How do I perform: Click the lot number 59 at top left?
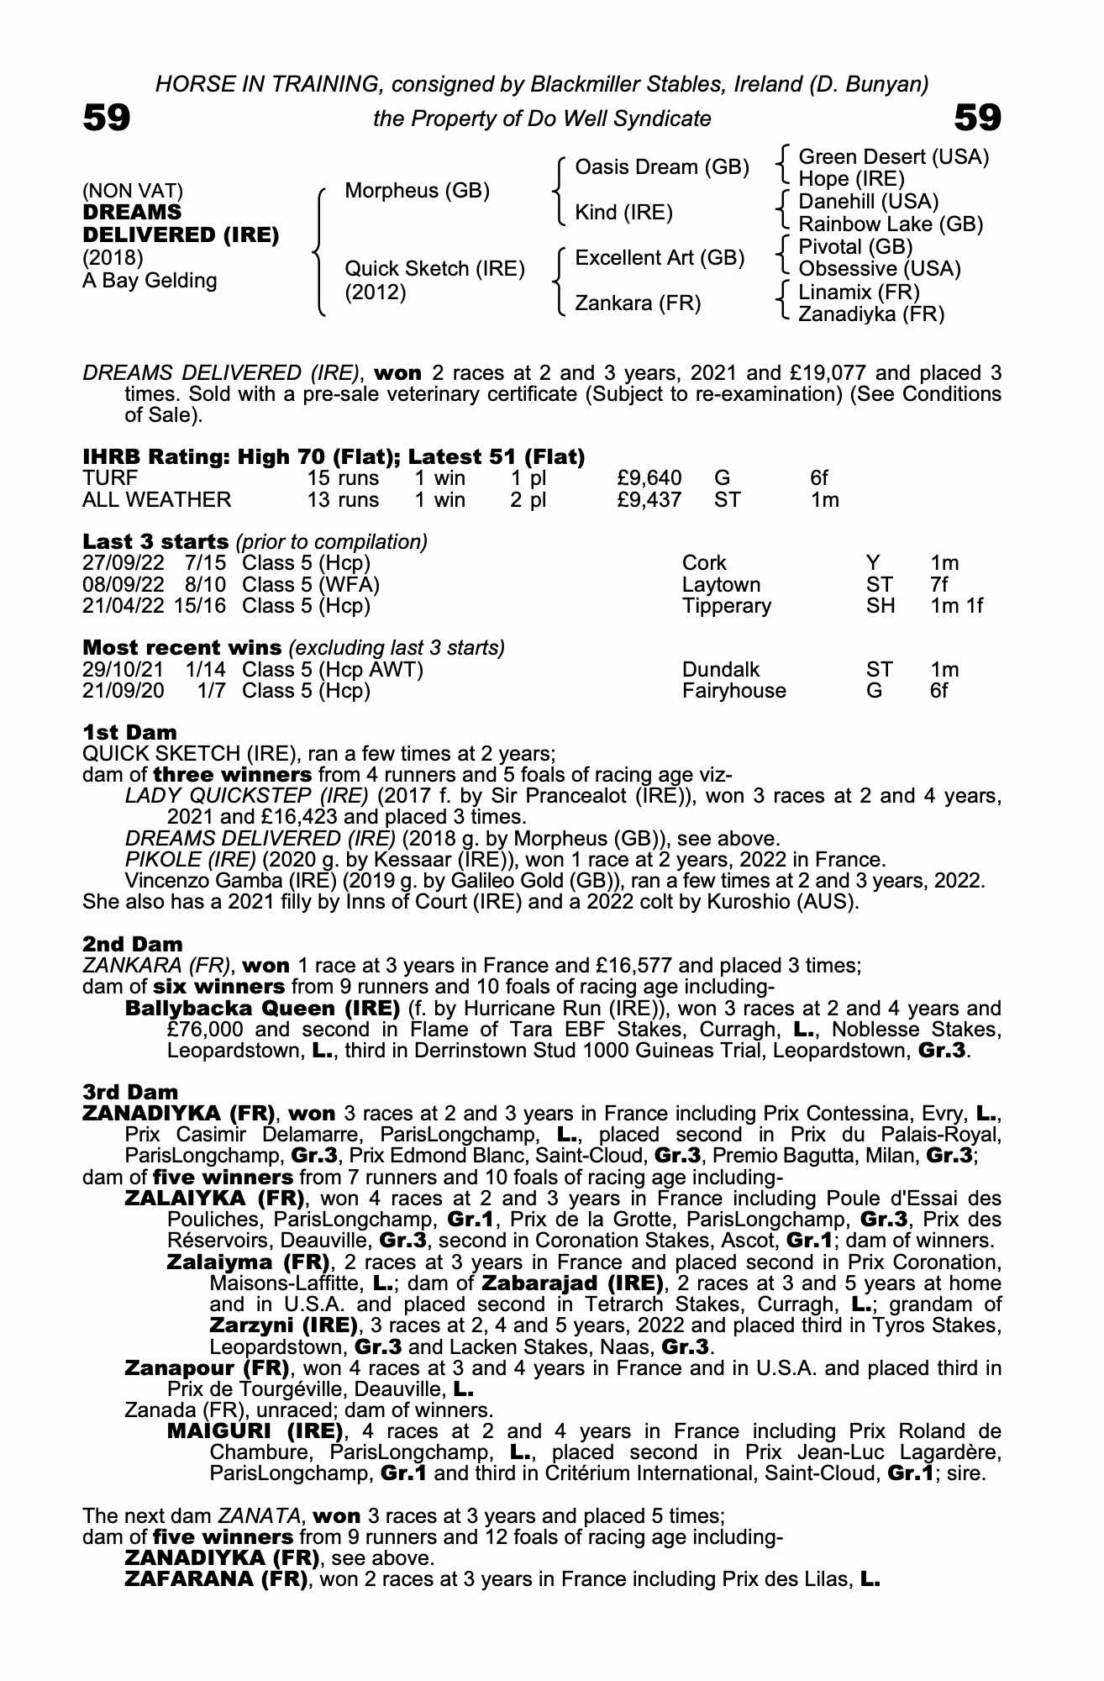click(x=107, y=118)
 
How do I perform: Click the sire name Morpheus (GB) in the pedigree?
click(x=417, y=191)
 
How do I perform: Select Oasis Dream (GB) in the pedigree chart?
click(x=661, y=168)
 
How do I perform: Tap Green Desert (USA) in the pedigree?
click(x=893, y=157)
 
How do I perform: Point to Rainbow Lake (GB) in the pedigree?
click(x=890, y=224)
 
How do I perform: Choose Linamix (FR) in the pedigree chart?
click(x=859, y=292)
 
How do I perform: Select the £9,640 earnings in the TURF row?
click(x=649, y=478)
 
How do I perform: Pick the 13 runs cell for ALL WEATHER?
click(x=343, y=500)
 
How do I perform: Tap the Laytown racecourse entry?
click(x=721, y=585)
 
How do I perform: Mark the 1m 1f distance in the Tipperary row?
click(x=956, y=606)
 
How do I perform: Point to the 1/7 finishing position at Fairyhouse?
click(x=211, y=691)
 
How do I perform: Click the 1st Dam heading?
click(x=129, y=732)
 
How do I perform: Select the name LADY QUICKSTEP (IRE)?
click(x=246, y=796)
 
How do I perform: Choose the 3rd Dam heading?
click(x=130, y=1092)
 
